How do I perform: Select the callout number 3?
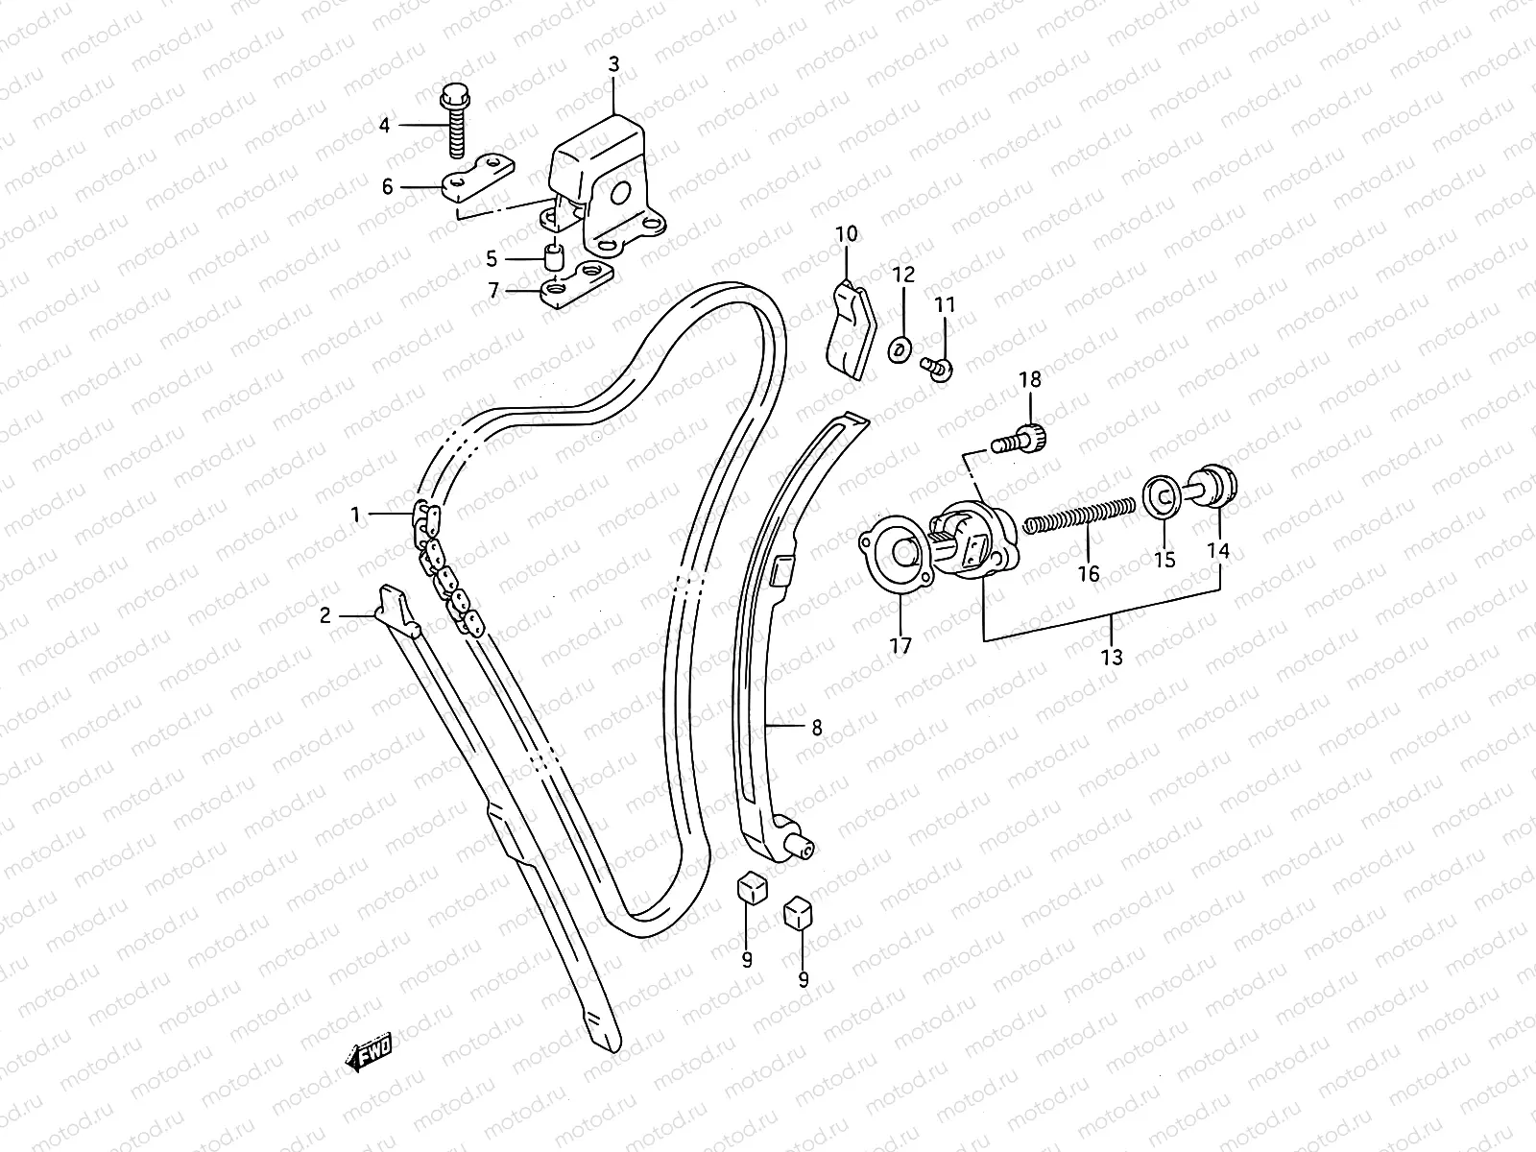point(613,64)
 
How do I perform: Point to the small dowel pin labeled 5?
point(552,258)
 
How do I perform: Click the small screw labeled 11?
point(935,366)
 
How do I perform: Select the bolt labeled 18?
point(1021,439)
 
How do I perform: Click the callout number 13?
point(1112,658)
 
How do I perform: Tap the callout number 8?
point(817,728)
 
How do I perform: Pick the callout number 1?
point(355,516)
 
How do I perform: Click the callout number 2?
point(325,615)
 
